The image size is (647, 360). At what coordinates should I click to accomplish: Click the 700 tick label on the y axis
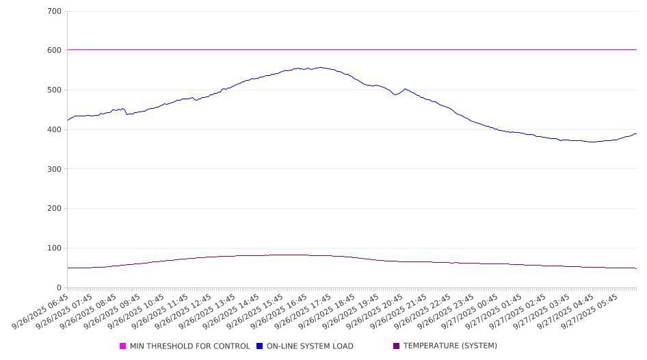click(54, 12)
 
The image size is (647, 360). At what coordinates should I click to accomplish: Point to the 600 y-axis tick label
click(54, 51)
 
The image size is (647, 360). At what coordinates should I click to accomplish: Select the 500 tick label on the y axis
click(54, 90)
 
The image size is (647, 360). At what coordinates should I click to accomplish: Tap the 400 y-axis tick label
click(54, 130)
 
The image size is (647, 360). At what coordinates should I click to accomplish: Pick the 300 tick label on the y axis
click(54, 169)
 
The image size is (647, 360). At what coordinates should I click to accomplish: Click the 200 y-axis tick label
click(54, 209)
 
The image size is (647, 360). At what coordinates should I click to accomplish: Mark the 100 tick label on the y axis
click(54, 248)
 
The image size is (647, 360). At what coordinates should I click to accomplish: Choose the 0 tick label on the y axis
click(59, 288)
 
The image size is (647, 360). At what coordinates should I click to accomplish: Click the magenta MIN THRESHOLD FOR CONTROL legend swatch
click(123, 346)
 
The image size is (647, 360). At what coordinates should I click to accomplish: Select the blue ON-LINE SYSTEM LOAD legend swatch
click(260, 346)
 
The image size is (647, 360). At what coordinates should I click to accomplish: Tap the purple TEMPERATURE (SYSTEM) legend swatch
click(397, 346)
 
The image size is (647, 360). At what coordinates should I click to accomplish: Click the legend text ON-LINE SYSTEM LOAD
click(310, 346)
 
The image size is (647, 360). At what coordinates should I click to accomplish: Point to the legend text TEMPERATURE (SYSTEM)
click(450, 346)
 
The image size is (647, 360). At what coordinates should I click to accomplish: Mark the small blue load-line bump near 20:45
click(405, 89)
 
